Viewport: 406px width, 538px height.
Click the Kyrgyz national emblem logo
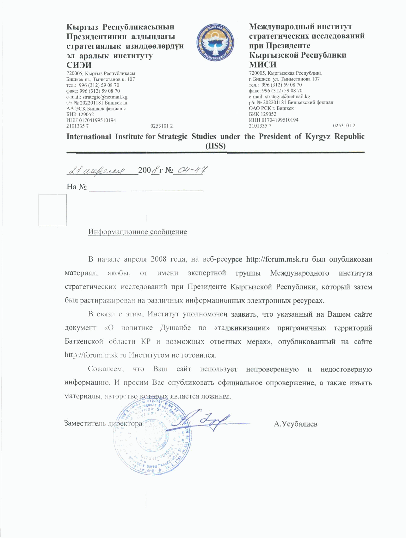point(216,42)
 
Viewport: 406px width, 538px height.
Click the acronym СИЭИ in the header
point(79,65)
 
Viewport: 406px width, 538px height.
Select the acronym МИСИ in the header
point(263,64)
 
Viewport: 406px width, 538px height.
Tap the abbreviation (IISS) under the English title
point(216,146)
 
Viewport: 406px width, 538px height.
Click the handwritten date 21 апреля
point(96,171)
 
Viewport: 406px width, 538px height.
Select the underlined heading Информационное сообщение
point(138,232)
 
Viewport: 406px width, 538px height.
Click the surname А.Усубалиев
point(295,424)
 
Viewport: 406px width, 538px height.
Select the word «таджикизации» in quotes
point(242,328)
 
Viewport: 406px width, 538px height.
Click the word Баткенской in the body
point(84,342)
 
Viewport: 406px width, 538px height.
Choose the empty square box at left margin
point(52,210)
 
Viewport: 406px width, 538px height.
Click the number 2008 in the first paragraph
point(158,259)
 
